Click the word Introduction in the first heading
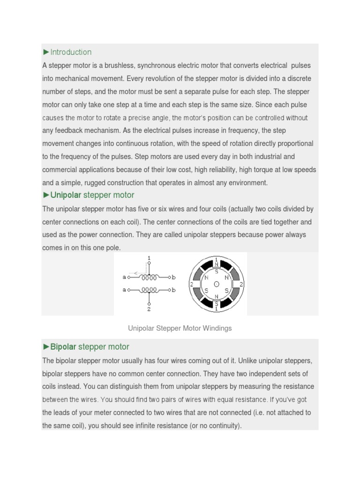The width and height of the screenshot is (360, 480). [x=71, y=52]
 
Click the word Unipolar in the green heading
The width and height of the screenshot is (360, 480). [x=66, y=195]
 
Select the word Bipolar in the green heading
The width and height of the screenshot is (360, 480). [x=63, y=347]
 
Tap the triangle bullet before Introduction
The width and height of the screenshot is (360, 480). [x=46, y=52]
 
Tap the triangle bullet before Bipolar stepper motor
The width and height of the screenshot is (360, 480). [x=46, y=347]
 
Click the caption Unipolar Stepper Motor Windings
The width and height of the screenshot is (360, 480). [x=180, y=328]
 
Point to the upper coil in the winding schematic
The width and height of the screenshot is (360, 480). [x=149, y=277]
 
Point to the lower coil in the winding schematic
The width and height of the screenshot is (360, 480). [x=149, y=290]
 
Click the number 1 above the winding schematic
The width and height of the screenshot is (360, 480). [x=149, y=258]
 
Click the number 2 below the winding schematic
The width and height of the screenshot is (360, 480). [x=149, y=309]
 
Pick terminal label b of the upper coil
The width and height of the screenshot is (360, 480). [x=174, y=277]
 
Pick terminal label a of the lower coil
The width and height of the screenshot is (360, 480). [x=124, y=290]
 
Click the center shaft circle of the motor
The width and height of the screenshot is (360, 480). [x=216, y=284]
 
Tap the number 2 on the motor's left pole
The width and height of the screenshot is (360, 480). [x=191, y=284]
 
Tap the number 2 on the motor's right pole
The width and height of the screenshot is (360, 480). [x=241, y=284]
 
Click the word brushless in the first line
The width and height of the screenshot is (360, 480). [x=107, y=65]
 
